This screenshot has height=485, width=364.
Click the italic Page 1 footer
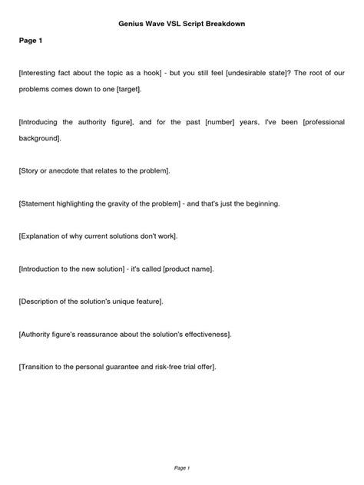[x=181, y=467]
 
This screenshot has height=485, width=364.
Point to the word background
[x=38, y=138]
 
